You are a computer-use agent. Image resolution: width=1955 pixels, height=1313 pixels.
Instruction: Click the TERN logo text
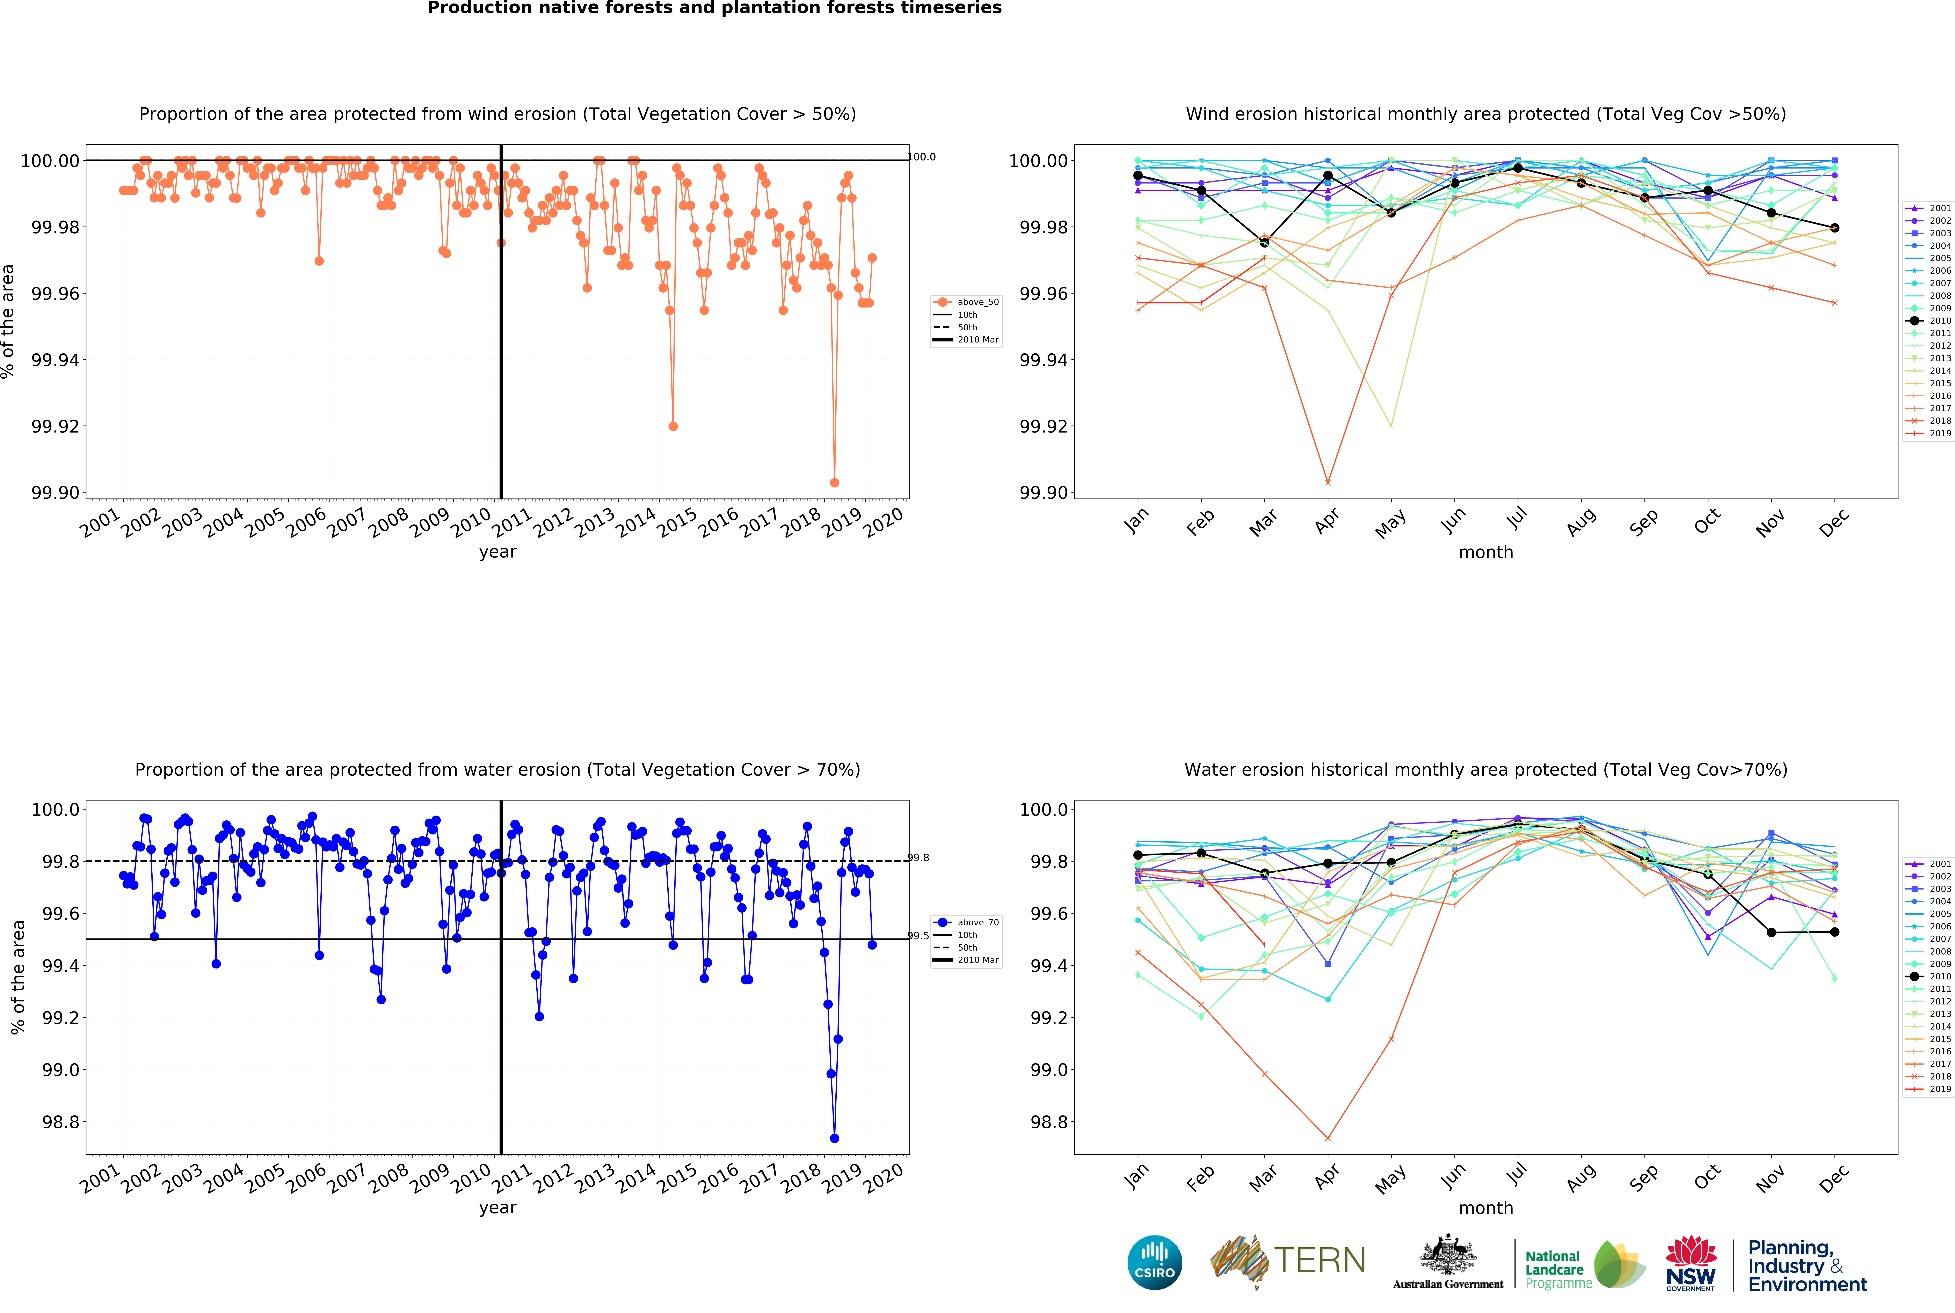[x=1319, y=1260]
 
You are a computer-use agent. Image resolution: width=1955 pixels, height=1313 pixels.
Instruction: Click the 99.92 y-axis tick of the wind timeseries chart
[x=55, y=426]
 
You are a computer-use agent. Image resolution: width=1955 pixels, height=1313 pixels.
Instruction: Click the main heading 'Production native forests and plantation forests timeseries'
[x=714, y=8]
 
